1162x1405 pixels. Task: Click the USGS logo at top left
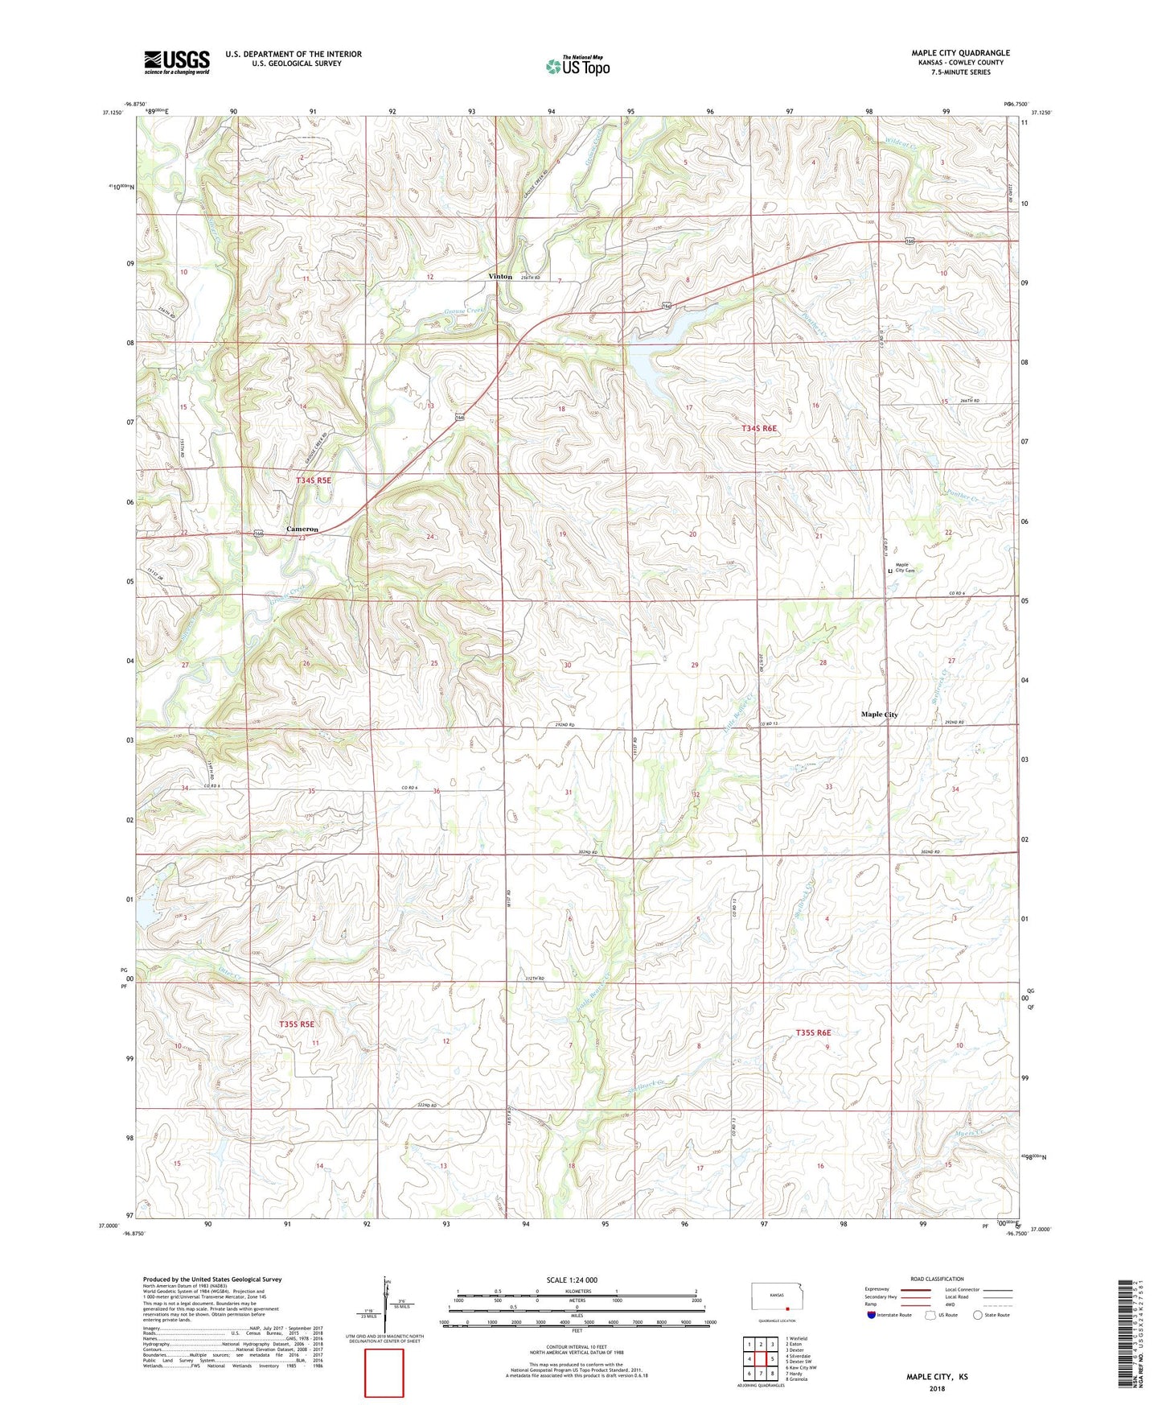click(177, 62)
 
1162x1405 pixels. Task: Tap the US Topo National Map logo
click(577, 66)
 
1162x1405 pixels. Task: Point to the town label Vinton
click(500, 276)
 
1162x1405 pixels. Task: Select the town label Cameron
click(302, 529)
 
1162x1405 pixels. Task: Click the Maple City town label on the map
click(879, 715)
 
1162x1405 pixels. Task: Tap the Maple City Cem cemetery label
click(904, 568)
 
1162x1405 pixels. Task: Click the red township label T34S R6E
click(759, 429)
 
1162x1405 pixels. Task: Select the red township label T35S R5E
click(296, 1024)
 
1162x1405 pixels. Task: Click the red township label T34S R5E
click(313, 480)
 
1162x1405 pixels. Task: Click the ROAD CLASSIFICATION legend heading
click(937, 1279)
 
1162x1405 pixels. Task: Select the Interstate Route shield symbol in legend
click(873, 1315)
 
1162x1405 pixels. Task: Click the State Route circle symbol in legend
click(978, 1315)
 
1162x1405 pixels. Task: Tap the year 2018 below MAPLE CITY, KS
click(937, 1388)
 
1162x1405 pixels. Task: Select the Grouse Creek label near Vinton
click(465, 312)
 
